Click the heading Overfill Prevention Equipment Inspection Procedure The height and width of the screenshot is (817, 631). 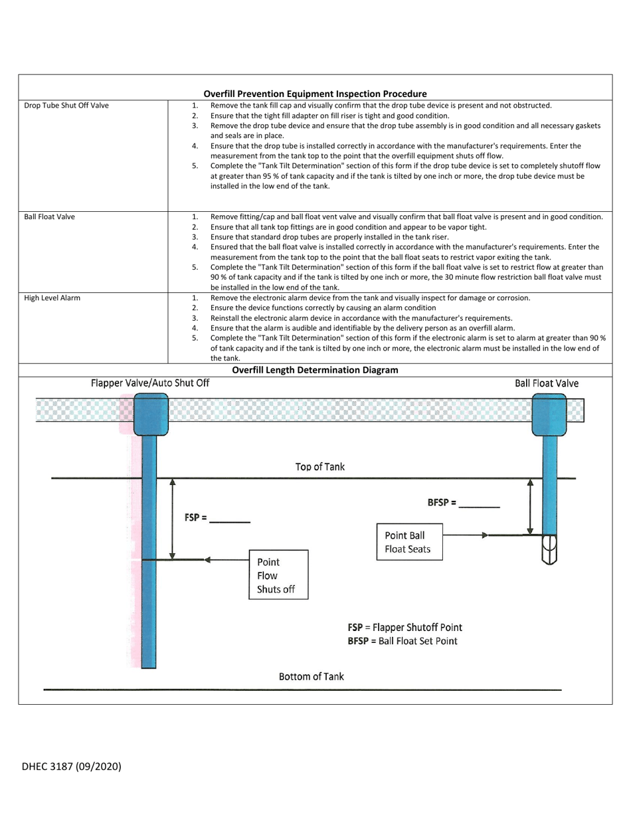(x=315, y=94)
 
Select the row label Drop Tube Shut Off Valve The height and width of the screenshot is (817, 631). (x=66, y=106)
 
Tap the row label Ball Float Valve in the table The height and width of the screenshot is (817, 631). (x=50, y=217)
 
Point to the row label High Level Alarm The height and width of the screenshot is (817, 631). (x=52, y=298)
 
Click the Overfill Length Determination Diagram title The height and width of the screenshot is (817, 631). (x=315, y=370)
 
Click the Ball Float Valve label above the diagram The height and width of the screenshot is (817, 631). (x=547, y=383)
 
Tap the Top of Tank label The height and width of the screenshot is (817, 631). (x=319, y=467)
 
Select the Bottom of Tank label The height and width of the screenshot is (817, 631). (x=311, y=676)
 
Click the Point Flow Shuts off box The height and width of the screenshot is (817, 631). (x=278, y=575)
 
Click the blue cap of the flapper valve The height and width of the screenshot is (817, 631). (x=151, y=414)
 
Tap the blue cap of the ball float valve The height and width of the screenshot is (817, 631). (x=549, y=414)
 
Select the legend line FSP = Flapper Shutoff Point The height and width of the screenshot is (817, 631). (x=405, y=627)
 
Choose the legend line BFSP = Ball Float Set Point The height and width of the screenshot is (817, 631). (x=402, y=641)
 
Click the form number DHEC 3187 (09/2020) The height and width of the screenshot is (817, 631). (x=72, y=766)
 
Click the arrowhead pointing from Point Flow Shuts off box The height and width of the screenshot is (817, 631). (x=207, y=560)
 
